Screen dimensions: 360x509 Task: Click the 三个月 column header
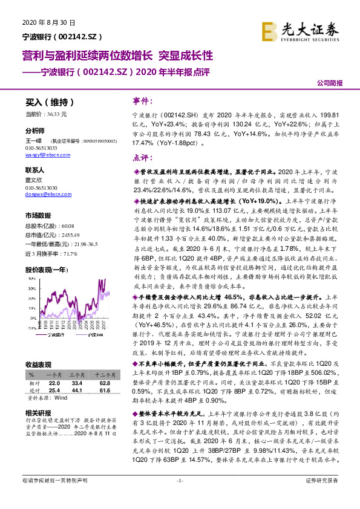pyautogui.click(x=77, y=374)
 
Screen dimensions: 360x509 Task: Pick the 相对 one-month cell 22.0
pyautogui.click(x=54, y=383)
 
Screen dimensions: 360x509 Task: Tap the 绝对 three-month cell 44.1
pyautogui.click(x=77, y=391)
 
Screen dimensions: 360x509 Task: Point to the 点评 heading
pyautogui.click(x=143, y=158)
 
